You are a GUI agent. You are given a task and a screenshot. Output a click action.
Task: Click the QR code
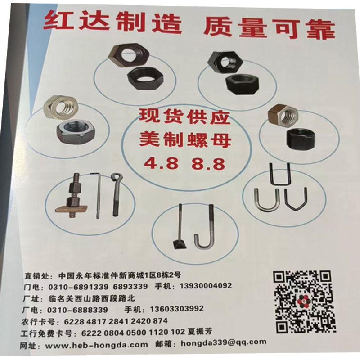[x=304, y=301]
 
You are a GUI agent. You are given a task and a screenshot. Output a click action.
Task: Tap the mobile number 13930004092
[x=206, y=286]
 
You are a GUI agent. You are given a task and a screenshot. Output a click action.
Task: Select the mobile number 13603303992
[x=177, y=308]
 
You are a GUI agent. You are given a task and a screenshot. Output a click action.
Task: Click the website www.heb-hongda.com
[x=96, y=344]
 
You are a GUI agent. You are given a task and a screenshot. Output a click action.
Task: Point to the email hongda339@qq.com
[x=223, y=342]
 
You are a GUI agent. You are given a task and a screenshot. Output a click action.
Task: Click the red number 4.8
[x=162, y=163]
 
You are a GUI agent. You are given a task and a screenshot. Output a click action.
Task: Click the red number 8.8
[x=208, y=164]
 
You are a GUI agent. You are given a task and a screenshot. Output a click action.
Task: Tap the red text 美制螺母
[x=185, y=140]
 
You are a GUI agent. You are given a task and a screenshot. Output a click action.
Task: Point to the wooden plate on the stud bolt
[x=72, y=209]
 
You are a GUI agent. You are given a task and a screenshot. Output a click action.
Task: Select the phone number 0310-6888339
[x=77, y=310]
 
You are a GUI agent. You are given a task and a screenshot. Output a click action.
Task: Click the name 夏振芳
[x=200, y=331]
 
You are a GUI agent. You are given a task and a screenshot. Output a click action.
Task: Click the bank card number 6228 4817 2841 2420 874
[x=116, y=321]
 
